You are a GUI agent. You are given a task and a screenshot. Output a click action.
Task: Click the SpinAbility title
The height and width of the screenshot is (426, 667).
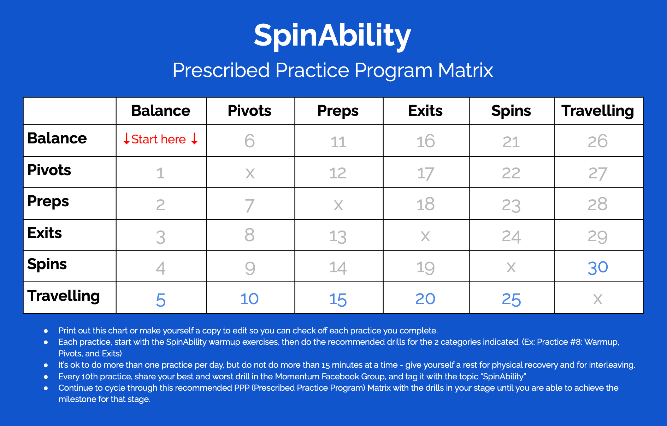332,35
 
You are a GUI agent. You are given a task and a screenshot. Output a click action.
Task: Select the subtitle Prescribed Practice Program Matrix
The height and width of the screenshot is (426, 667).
333,70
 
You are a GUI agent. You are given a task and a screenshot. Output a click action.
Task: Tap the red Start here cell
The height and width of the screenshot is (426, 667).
161,139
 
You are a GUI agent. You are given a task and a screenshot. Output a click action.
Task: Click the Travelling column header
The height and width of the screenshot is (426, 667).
598,111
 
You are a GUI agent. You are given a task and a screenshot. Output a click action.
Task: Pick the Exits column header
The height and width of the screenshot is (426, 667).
425,111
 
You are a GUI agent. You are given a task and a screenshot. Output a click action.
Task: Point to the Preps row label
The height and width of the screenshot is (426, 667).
48,201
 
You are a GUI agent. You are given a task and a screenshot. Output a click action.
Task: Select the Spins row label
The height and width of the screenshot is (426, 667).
47,264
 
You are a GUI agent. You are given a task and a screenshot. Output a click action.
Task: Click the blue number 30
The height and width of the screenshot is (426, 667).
598,267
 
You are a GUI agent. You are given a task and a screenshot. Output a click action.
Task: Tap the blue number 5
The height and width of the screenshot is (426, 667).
161,300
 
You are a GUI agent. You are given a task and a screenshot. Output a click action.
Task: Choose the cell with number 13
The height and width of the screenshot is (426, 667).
338,236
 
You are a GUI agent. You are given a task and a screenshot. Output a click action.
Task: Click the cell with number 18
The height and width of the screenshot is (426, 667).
425,204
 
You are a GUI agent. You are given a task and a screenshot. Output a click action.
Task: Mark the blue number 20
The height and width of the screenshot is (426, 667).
425,299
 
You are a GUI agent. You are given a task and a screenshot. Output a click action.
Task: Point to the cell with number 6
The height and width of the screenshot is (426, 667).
249,141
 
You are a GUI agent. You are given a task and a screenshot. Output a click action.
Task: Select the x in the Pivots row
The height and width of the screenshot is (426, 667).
250,173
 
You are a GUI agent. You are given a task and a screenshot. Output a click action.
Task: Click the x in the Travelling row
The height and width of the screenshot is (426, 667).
598,299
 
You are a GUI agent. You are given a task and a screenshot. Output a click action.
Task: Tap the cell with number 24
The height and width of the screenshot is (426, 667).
511,236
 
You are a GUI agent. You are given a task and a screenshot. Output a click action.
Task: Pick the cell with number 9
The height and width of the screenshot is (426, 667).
250,268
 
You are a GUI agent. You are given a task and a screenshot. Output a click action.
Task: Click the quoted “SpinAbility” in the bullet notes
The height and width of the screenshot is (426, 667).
504,377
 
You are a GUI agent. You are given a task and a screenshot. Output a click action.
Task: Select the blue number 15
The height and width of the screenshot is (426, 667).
338,300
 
